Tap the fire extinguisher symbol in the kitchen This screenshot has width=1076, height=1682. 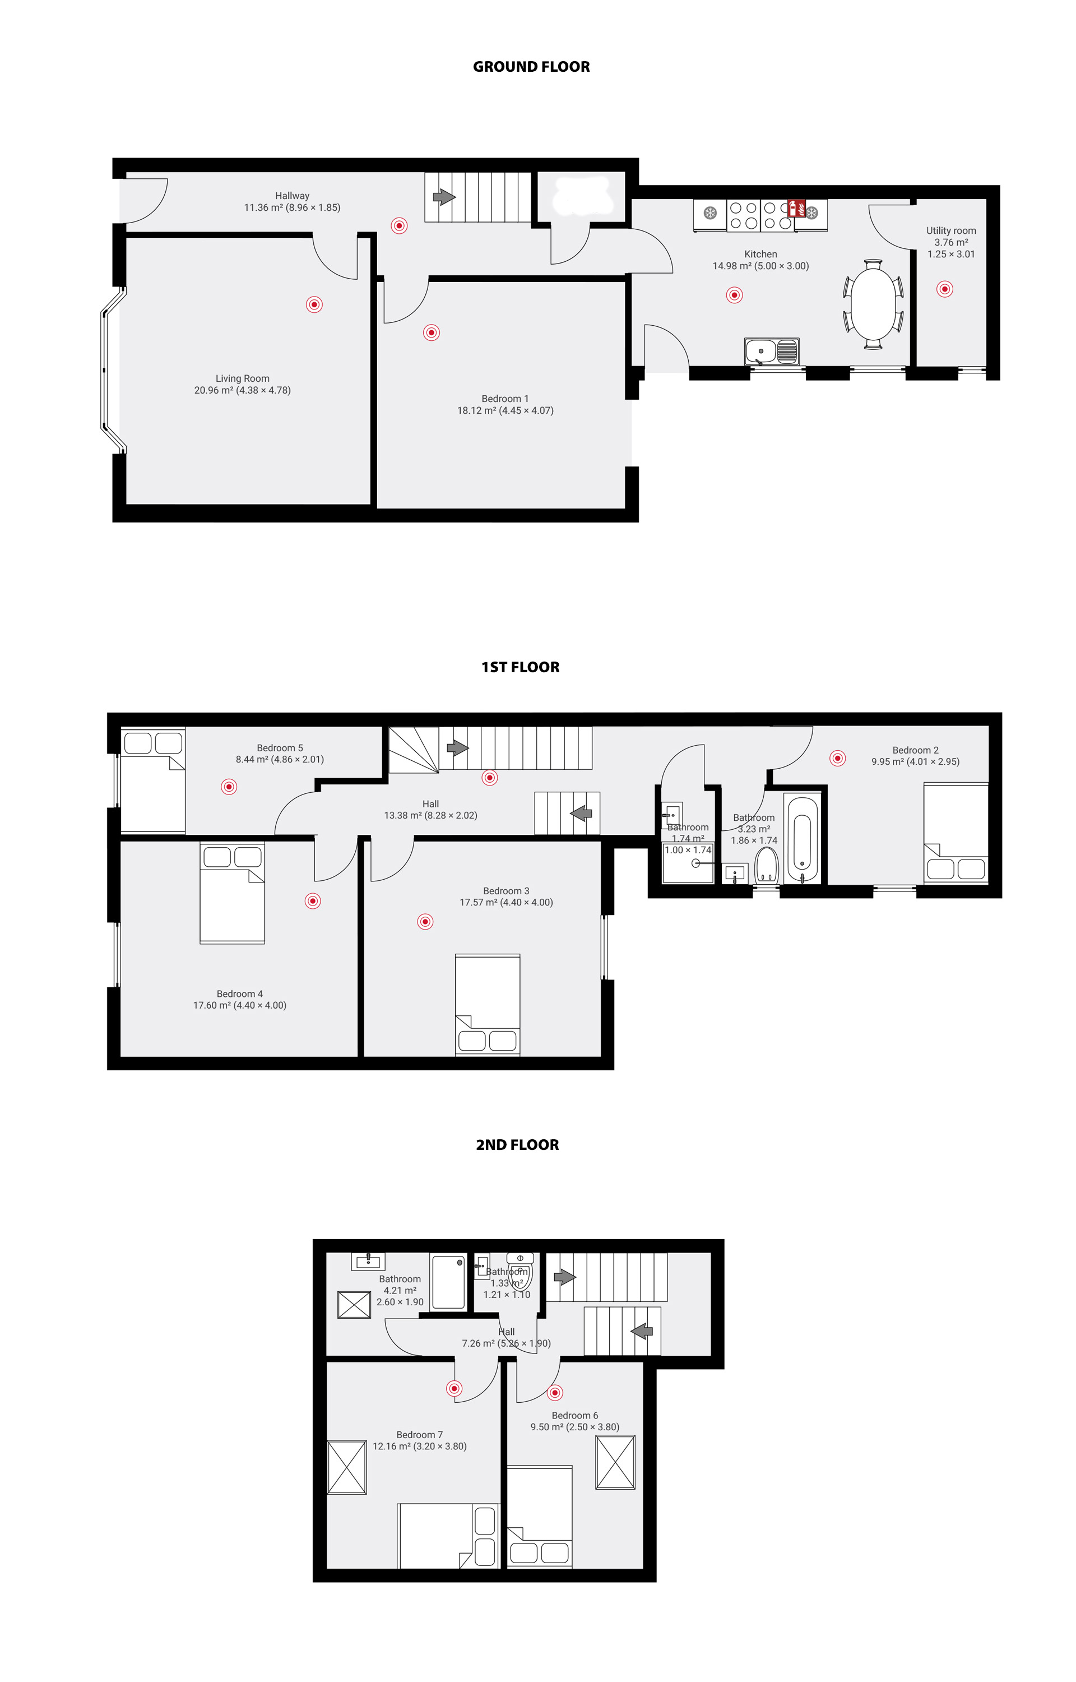[796, 208]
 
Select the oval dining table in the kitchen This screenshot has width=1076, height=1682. [873, 303]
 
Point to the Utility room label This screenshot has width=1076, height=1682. [951, 230]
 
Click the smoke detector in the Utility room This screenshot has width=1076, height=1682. [945, 289]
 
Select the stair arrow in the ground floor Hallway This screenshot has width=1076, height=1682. [444, 197]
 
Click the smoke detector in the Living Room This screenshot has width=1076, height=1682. [314, 304]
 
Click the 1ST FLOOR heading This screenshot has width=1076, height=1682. [521, 667]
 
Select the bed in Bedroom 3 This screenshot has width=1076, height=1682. [488, 1004]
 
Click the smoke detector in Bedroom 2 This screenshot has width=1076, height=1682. [838, 758]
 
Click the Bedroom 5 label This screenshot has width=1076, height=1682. [280, 748]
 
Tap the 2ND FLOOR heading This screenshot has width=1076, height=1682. [518, 1145]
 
